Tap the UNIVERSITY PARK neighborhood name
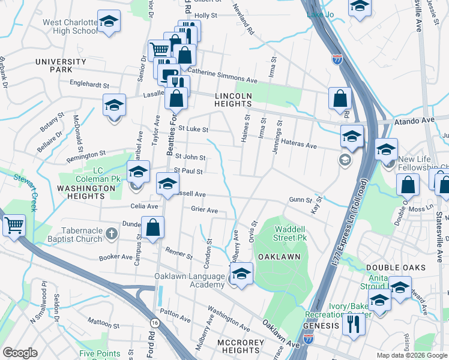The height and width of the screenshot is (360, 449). point(61,66)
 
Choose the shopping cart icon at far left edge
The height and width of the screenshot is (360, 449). point(14,226)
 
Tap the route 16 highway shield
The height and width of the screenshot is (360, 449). point(155,323)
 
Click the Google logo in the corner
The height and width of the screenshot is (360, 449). point(20,352)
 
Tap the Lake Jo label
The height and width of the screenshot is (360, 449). point(320,14)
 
